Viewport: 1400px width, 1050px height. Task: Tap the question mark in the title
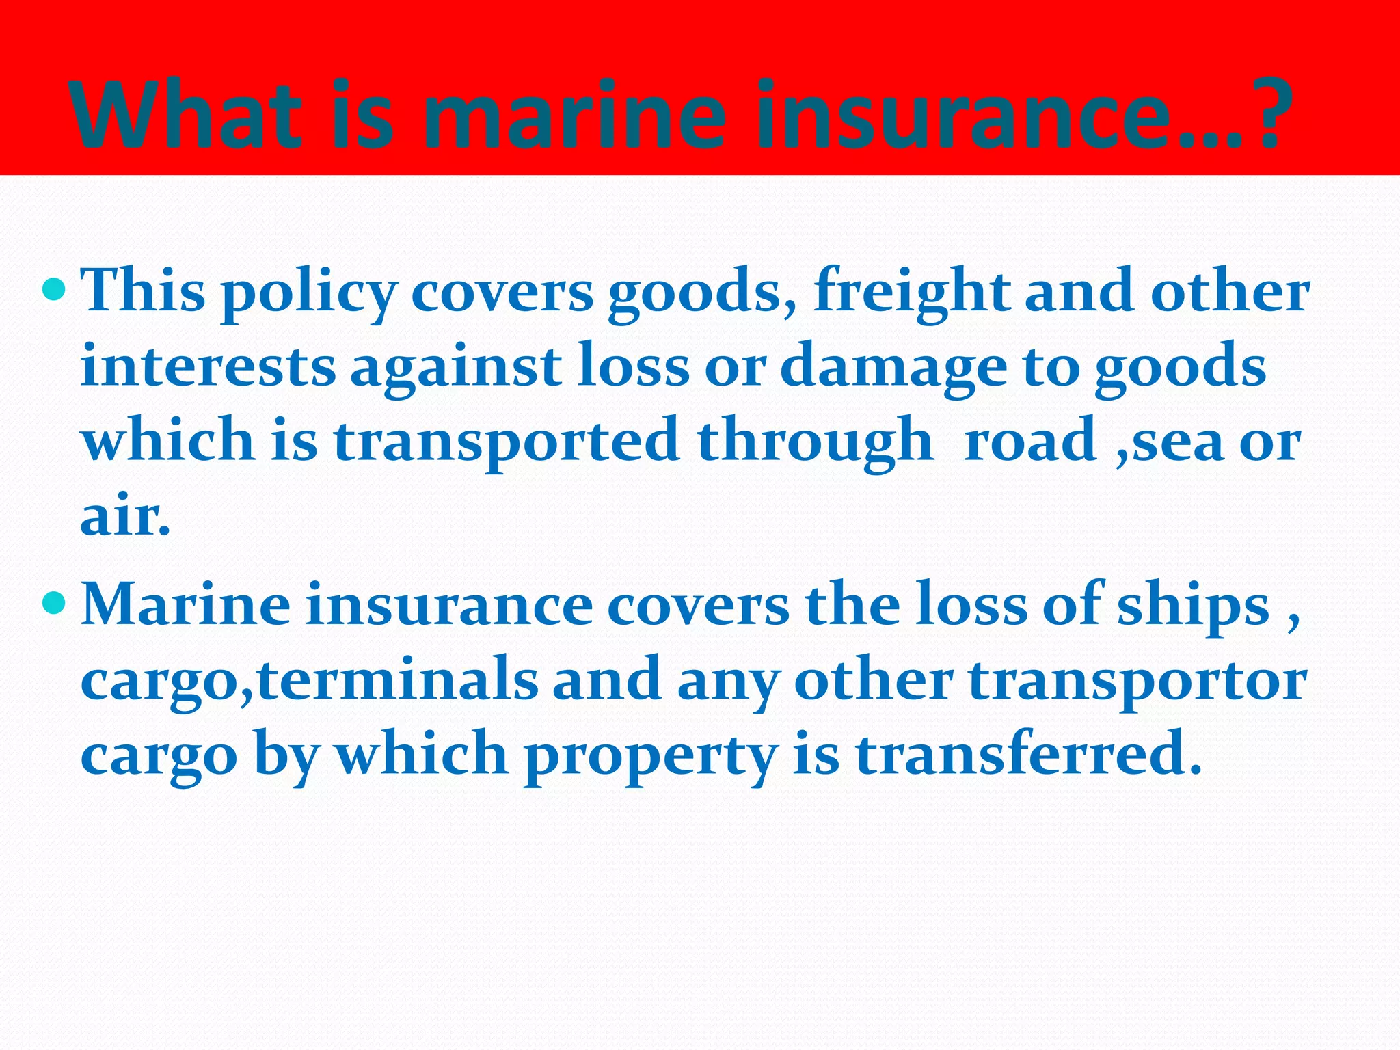point(1270,115)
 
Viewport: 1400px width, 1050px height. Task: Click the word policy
point(308,294)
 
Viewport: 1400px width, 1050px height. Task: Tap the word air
point(123,517)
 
